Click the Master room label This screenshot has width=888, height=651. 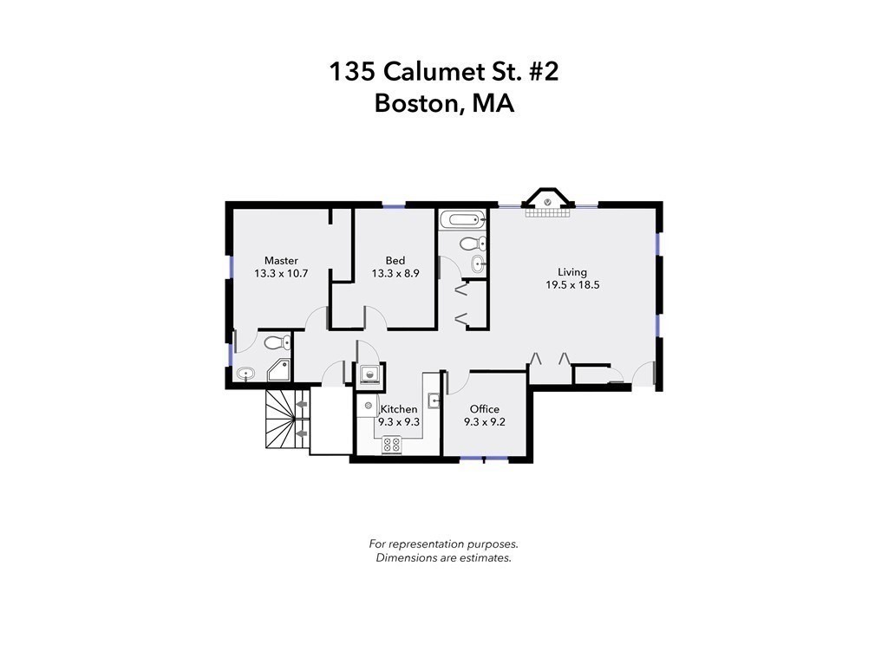(281, 260)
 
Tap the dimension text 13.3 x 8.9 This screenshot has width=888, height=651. (395, 273)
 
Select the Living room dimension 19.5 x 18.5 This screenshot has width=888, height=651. (572, 284)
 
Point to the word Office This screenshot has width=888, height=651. (484, 409)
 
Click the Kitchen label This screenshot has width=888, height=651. (399, 409)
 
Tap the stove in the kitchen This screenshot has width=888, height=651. (391, 444)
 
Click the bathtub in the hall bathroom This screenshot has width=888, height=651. (462, 220)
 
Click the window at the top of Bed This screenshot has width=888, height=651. (393, 205)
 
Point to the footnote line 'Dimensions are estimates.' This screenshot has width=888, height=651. (443, 558)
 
